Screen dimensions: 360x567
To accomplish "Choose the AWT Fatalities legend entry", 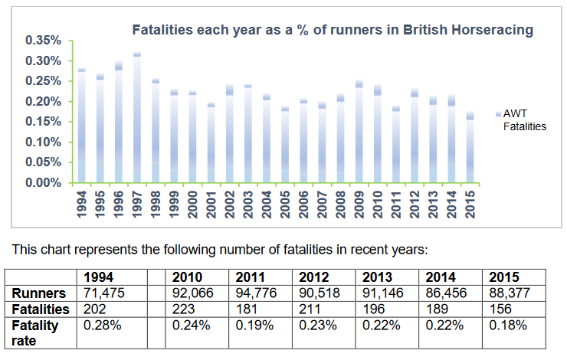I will [x=524, y=119].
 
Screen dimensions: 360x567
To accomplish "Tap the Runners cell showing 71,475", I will [x=103, y=292].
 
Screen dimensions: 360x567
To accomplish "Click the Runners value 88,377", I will [x=508, y=292].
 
